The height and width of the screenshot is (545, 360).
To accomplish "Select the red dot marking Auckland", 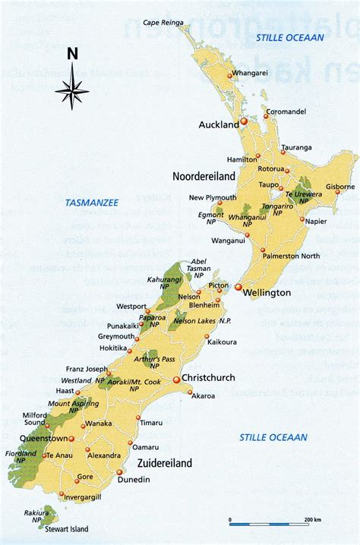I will (x=245, y=121).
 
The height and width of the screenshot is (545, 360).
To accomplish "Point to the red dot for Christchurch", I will (x=176, y=379).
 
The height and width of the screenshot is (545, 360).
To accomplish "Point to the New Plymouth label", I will (x=213, y=198).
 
